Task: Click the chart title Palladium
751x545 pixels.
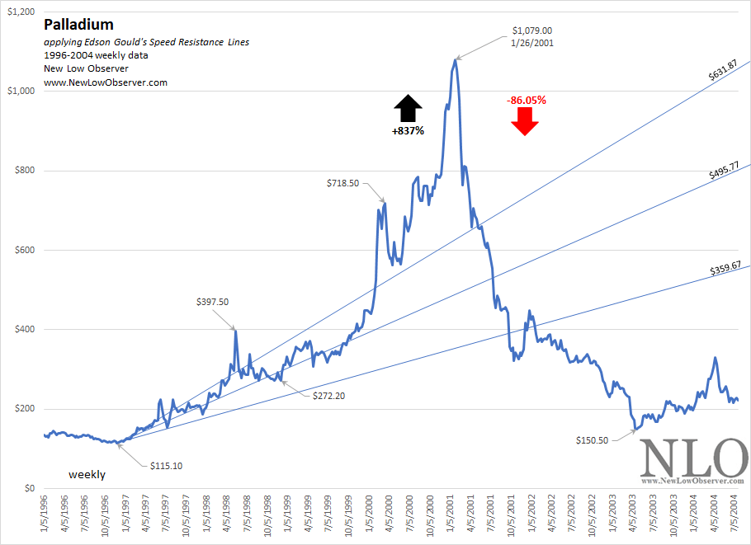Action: click(78, 26)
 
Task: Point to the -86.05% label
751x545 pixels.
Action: click(527, 101)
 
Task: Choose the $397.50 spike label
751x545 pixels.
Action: click(214, 303)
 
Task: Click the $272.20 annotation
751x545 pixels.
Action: click(329, 397)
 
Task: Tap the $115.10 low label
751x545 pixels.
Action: click(166, 466)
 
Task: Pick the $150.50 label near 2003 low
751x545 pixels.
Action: click(592, 440)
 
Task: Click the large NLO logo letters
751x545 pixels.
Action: click(692, 458)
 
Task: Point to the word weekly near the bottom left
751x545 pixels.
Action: click(87, 475)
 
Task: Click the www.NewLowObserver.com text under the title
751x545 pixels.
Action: click(106, 82)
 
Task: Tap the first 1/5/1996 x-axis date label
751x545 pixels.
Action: click(44, 515)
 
